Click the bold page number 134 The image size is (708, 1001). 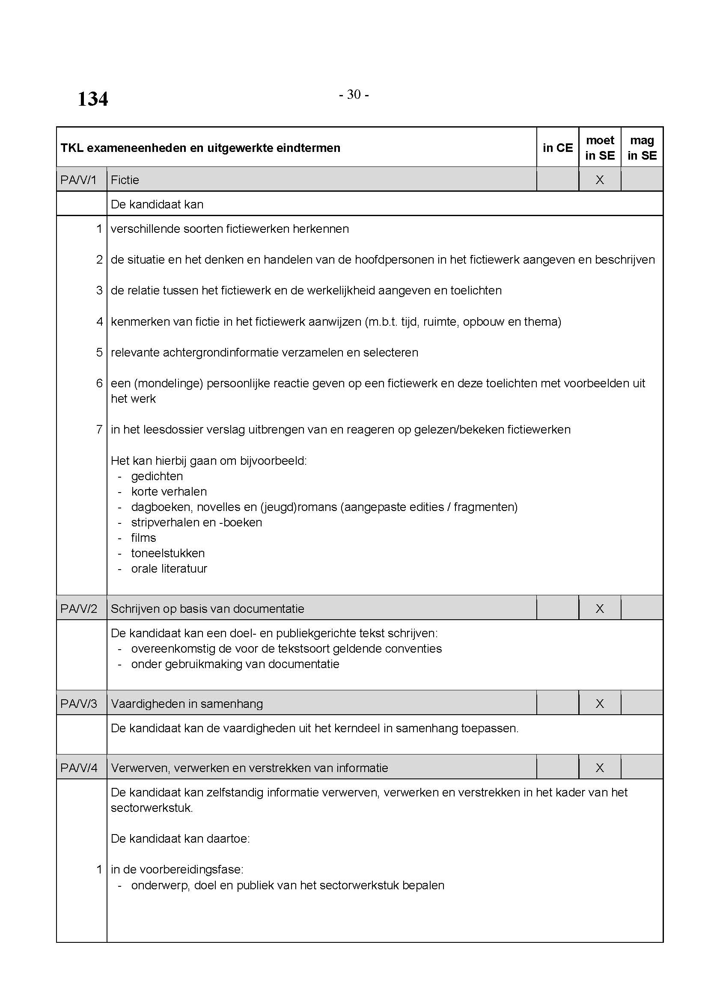tap(92, 99)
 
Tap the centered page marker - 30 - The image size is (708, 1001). tap(354, 95)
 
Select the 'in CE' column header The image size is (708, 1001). tap(557, 148)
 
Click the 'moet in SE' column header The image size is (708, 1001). tap(599, 148)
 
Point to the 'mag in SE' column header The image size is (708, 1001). tap(642, 148)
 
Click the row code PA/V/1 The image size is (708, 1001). tap(78, 180)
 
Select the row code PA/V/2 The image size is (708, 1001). tap(78, 609)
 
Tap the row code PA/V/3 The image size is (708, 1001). tap(78, 704)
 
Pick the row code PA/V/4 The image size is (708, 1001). tap(78, 768)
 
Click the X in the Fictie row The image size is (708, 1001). tap(599, 180)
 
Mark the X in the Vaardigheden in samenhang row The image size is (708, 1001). tap(599, 704)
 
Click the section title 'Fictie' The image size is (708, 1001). tap(125, 180)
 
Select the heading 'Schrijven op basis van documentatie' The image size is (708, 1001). tap(208, 609)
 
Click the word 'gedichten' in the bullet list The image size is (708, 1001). tap(157, 476)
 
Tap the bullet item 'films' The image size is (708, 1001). tap(143, 538)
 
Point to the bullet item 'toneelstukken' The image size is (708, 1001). tap(168, 553)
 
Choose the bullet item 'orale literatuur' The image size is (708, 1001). tap(169, 568)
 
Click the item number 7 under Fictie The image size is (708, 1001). tap(99, 429)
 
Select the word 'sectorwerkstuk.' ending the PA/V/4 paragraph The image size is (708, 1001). tap(152, 808)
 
